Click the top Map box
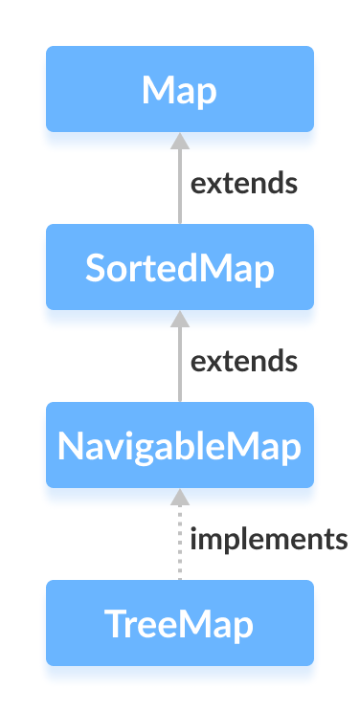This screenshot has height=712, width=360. point(179,89)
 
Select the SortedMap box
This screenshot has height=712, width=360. point(179,267)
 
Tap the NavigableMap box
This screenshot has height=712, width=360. point(179,445)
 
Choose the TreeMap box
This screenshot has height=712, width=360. point(179,623)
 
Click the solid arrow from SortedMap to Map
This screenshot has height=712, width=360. point(179,187)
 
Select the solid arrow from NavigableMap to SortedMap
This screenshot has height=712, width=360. point(179,365)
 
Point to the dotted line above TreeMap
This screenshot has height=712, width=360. point(179,545)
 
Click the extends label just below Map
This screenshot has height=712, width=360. point(243,184)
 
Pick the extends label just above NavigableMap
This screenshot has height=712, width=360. point(243,362)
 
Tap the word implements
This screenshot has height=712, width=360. point(268,540)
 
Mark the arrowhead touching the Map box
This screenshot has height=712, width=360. point(179,140)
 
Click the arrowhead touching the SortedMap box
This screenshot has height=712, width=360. point(179,318)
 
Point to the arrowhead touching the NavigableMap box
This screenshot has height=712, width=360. point(179,496)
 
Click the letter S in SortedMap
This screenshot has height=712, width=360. point(95,268)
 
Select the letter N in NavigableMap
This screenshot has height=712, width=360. point(70,446)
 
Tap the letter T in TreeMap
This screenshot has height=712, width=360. point(114,624)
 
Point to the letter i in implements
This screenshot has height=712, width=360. point(194,540)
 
